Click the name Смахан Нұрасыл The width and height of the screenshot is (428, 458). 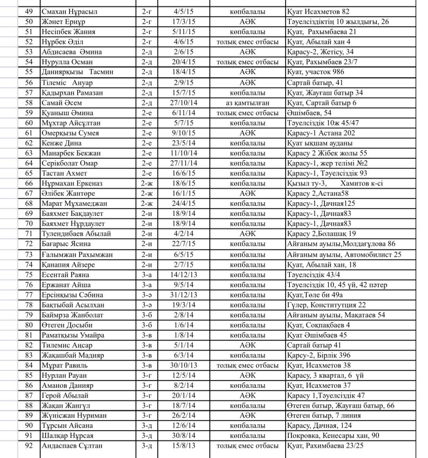[70, 12]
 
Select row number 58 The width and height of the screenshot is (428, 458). [29, 103]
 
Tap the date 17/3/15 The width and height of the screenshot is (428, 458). [184, 22]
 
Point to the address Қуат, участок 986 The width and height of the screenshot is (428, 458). [315, 72]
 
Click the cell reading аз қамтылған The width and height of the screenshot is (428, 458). [247, 103]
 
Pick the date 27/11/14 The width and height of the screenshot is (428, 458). [184, 163]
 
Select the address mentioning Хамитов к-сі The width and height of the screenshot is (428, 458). [335, 183]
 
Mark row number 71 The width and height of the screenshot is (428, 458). [29, 234]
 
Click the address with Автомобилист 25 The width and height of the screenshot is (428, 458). [344, 255]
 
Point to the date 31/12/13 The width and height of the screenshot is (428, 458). [184, 295]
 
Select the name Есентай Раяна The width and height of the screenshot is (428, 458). [65, 275]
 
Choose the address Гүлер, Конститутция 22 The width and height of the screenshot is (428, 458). [326, 305]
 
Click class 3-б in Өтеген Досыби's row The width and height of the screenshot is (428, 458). [147, 325]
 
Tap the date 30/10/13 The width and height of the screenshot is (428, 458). [184, 365]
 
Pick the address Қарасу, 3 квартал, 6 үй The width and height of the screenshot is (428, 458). [325, 375]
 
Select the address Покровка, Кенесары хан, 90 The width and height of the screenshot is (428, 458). [333, 436]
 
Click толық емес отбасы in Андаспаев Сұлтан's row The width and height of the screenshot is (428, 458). [247, 446]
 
